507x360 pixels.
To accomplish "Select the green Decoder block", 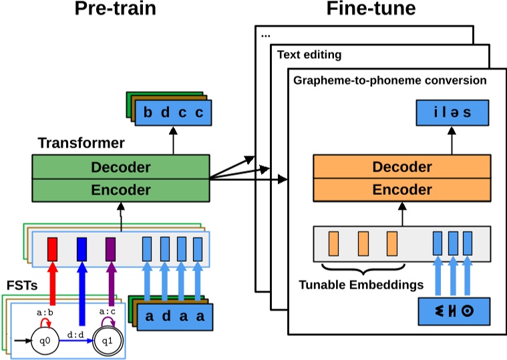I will [121, 167].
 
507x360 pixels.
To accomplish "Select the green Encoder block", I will [121, 190].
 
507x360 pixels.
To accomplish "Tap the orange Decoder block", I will [402, 167].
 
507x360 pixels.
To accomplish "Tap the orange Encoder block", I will [402, 190].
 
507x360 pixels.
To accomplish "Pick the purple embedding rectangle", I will [110, 249].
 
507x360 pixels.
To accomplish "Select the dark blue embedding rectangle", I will [82, 249].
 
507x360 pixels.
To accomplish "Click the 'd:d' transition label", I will [75, 330].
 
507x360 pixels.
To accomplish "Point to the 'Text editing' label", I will [309, 55].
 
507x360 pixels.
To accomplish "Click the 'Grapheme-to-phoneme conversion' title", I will [389, 80].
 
